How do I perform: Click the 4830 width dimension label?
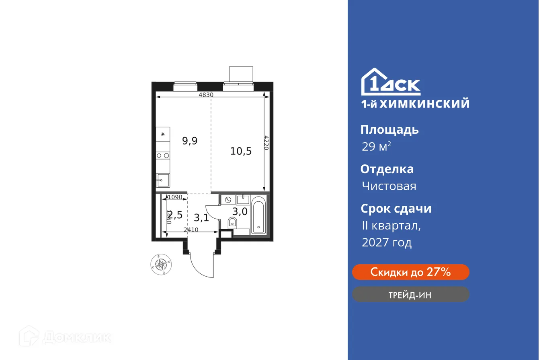206,95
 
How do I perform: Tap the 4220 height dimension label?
266,143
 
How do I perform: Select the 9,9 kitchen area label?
190,141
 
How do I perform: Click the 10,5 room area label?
241,151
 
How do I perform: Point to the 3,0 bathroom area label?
240,212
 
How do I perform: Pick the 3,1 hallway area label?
201,218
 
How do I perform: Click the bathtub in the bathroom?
258,215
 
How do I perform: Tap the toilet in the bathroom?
232,222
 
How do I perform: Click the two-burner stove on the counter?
163,155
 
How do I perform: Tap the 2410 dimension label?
191,230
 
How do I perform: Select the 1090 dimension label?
175,197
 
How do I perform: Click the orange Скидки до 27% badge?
410,272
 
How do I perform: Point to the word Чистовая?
389,186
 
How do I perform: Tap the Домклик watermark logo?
65,337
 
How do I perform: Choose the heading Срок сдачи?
396,209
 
